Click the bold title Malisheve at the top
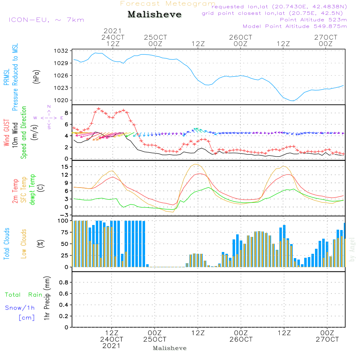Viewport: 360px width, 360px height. (x=154, y=15)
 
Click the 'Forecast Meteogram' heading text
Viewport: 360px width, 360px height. (x=168, y=4)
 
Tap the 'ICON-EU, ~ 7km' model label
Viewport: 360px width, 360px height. (x=46, y=19)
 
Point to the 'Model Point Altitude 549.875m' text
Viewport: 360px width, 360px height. (x=294, y=26)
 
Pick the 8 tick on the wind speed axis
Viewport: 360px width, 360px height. (x=66, y=113)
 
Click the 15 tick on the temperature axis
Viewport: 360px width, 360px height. (x=64, y=167)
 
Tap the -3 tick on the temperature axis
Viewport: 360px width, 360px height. (x=64, y=215)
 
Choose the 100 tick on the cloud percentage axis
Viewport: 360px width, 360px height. (x=63, y=221)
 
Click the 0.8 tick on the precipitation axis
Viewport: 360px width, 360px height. (x=63, y=283)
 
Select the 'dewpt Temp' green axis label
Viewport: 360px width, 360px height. (x=32, y=190)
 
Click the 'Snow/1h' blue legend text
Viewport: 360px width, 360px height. (x=20, y=308)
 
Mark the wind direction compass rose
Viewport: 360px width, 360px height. (x=49, y=117)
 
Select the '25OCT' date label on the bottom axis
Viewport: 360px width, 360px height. (x=155, y=339)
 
